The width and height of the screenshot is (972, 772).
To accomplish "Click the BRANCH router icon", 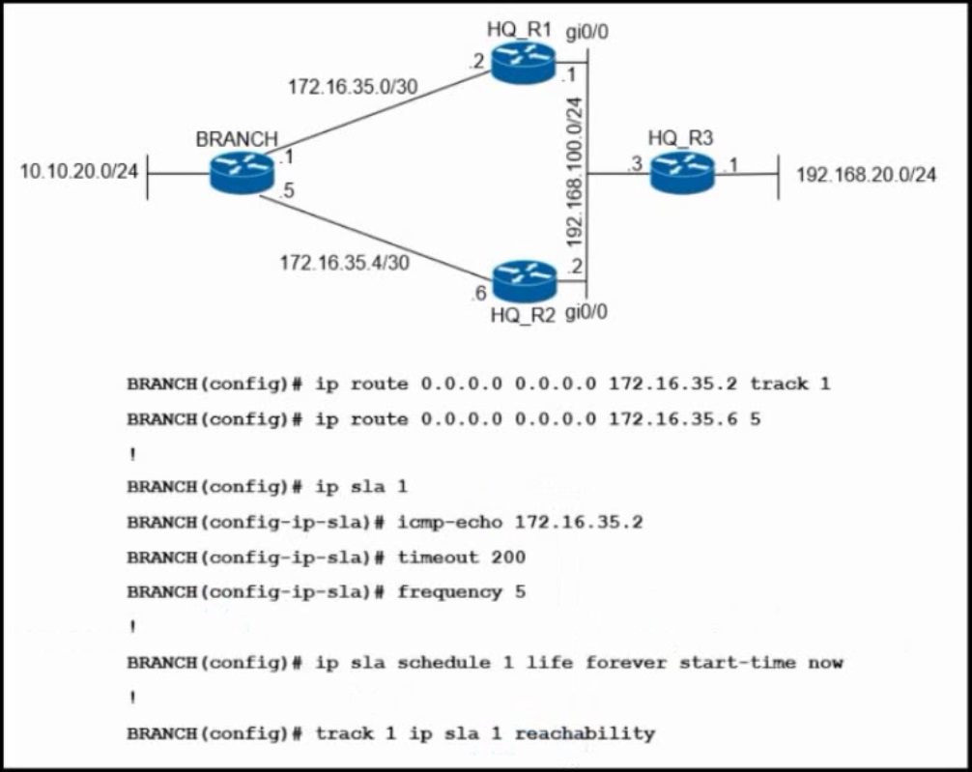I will tap(242, 173).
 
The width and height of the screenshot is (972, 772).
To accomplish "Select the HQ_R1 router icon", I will tap(522, 62).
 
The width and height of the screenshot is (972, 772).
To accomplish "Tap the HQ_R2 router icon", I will tap(525, 280).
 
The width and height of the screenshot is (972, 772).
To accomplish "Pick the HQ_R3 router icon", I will tap(682, 172).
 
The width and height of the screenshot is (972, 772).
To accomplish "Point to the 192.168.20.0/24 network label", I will tap(866, 175).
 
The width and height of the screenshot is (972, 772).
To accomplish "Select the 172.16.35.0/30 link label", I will tap(353, 86).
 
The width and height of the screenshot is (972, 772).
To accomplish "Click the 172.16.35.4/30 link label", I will tap(344, 262).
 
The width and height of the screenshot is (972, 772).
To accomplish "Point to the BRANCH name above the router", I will tap(237, 139).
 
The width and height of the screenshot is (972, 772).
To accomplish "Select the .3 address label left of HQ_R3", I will tap(635, 165).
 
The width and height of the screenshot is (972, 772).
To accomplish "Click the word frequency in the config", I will tap(449, 592).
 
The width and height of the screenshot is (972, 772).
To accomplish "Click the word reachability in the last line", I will tap(585, 733).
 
